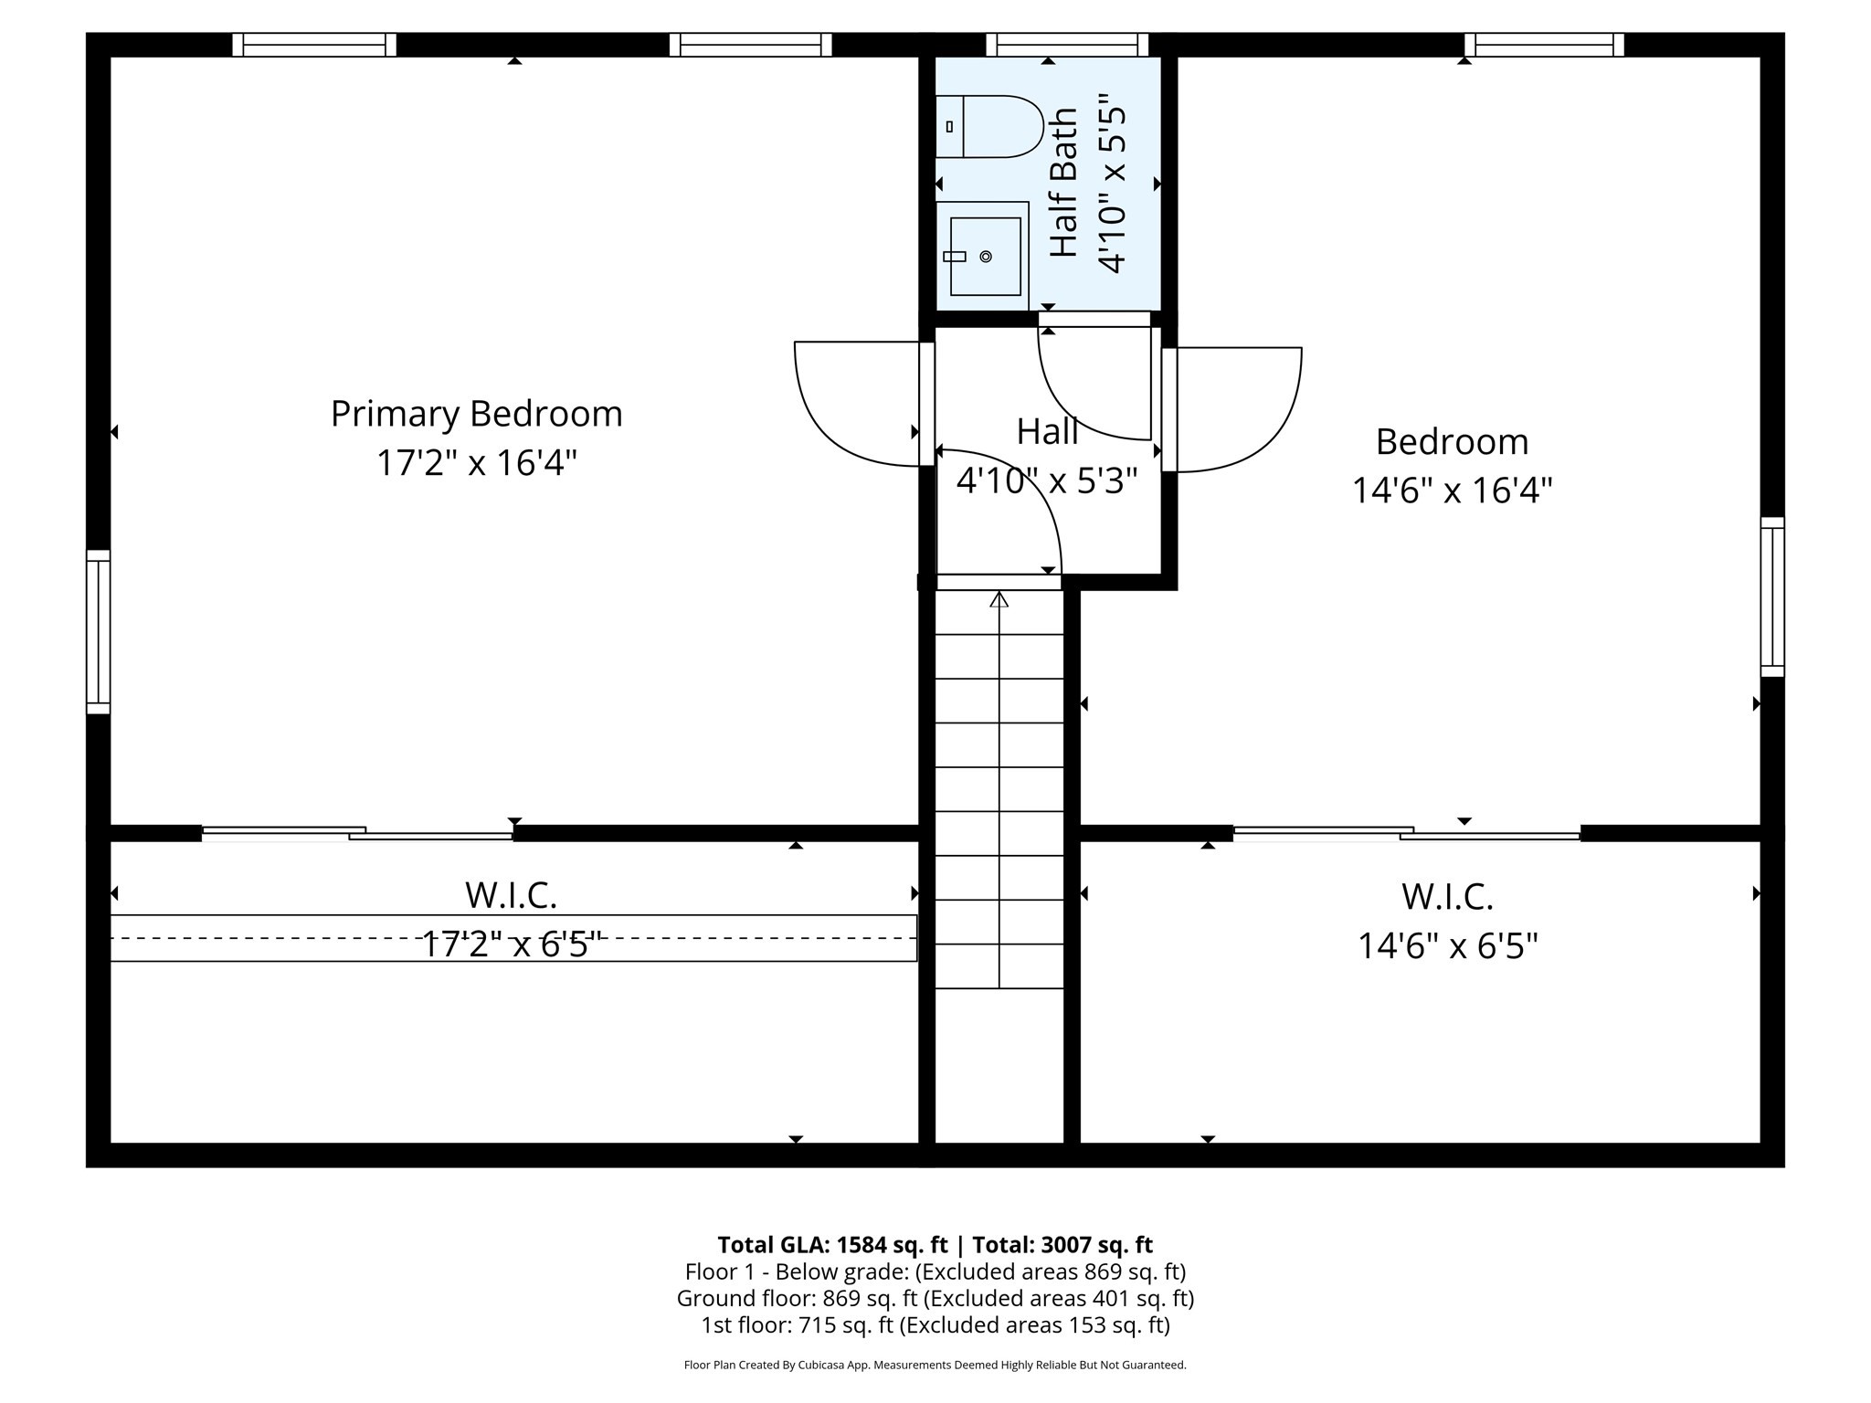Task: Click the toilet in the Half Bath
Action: (x=989, y=126)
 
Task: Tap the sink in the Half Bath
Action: (x=984, y=257)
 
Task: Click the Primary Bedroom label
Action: (x=476, y=414)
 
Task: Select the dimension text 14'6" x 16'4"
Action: (x=1452, y=491)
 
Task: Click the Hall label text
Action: (x=1047, y=432)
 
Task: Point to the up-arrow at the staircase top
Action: (x=999, y=600)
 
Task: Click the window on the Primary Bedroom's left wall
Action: (x=99, y=632)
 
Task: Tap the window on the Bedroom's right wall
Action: (x=1771, y=597)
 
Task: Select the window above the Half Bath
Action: (x=1066, y=45)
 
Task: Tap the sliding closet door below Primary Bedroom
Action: (x=357, y=832)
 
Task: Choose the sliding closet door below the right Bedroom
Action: (x=1406, y=832)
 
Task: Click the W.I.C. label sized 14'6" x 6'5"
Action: (x=1447, y=897)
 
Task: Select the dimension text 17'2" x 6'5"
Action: (x=512, y=944)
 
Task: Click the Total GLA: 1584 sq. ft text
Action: (x=832, y=1245)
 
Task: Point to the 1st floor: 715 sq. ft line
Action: (x=935, y=1325)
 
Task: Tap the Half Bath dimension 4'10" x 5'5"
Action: (x=1113, y=184)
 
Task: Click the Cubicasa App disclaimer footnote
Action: (x=935, y=1366)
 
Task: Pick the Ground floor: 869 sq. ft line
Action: (x=935, y=1298)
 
